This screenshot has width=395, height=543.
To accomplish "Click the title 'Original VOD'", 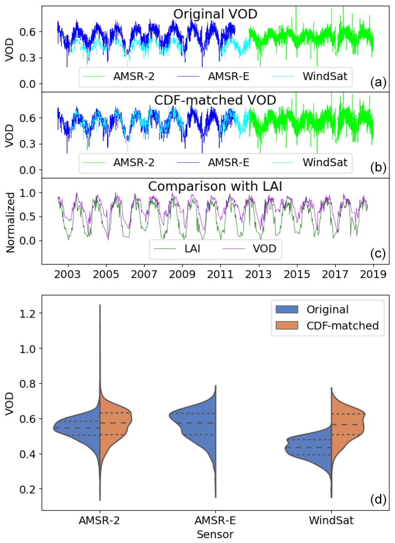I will [x=215, y=14].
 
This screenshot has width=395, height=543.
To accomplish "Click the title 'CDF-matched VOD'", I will [x=215, y=100].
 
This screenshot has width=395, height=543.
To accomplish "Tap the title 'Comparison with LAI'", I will [x=215, y=186].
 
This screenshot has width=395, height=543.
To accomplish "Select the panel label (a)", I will [x=378, y=82].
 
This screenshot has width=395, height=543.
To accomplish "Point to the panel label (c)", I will [x=378, y=253].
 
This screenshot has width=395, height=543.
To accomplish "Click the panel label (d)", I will [x=378, y=499].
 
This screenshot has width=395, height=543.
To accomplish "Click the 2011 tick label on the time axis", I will [x=220, y=274].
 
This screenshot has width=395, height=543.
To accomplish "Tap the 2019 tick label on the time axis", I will [x=373, y=274].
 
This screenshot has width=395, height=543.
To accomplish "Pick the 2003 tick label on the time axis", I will [x=67, y=274].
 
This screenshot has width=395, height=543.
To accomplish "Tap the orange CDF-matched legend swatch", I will [x=287, y=326].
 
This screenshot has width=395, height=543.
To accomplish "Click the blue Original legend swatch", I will [x=287, y=309].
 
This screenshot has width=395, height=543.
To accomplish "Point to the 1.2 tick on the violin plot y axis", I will [x=28, y=314].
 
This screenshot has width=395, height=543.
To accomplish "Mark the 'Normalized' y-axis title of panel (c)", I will [x=10, y=223].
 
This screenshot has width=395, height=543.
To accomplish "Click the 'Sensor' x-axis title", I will [x=215, y=534].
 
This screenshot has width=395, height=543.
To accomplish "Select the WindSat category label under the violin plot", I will [x=331, y=520].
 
